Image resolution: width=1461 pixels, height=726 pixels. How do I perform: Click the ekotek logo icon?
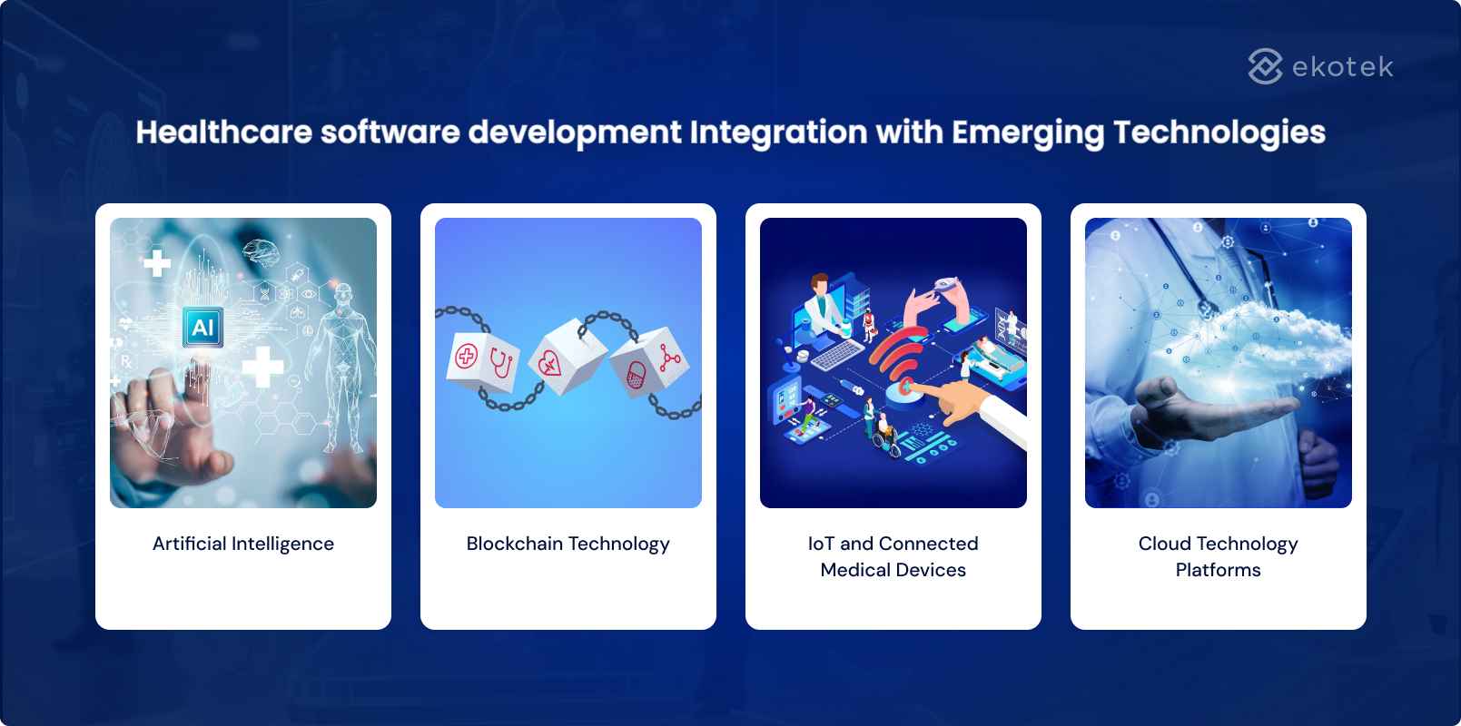[x=1264, y=66]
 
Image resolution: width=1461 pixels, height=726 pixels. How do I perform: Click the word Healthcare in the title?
[x=224, y=132]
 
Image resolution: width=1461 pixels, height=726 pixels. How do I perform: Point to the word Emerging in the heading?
[x=1028, y=132]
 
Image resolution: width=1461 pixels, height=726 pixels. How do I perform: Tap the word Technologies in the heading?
[x=1219, y=132]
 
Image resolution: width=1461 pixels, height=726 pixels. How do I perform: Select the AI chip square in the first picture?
[x=202, y=327]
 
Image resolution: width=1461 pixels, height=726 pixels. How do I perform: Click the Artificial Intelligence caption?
[x=243, y=544]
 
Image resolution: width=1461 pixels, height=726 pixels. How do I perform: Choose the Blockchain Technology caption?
[x=568, y=544]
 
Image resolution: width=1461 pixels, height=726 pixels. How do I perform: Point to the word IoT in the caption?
[x=821, y=544]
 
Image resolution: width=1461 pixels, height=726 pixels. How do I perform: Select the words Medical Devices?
[x=893, y=570]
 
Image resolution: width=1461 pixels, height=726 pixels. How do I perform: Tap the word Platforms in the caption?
[x=1218, y=570]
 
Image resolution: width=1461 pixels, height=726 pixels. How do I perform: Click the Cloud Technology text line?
[x=1218, y=544]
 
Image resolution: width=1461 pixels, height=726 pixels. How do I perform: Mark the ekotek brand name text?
[x=1342, y=67]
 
